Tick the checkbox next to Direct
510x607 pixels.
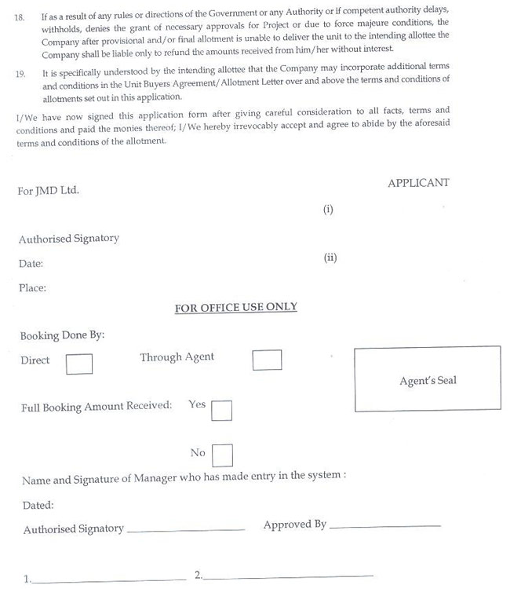pyautogui.click(x=78, y=364)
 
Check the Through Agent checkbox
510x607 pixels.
pyautogui.click(x=267, y=360)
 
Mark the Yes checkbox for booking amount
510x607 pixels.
pyautogui.click(x=221, y=411)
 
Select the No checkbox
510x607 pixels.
pyautogui.click(x=222, y=455)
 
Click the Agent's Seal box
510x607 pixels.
pyautogui.click(x=427, y=380)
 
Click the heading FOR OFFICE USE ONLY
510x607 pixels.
pyautogui.click(x=235, y=307)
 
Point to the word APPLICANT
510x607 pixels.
pyautogui.click(x=418, y=182)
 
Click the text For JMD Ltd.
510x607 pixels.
pyautogui.click(x=48, y=190)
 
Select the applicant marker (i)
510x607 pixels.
pyautogui.click(x=328, y=210)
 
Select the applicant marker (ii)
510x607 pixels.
pyautogui.click(x=330, y=257)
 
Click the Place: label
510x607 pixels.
pyautogui.click(x=32, y=287)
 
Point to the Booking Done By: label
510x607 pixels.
pyautogui.click(x=62, y=335)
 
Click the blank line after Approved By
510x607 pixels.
pyautogui.click(x=385, y=526)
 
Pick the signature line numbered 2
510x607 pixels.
pyautogui.click(x=287, y=577)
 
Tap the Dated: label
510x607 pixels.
pyautogui.click(x=38, y=505)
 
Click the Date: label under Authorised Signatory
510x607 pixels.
pyautogui.click(x=31, y=264)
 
